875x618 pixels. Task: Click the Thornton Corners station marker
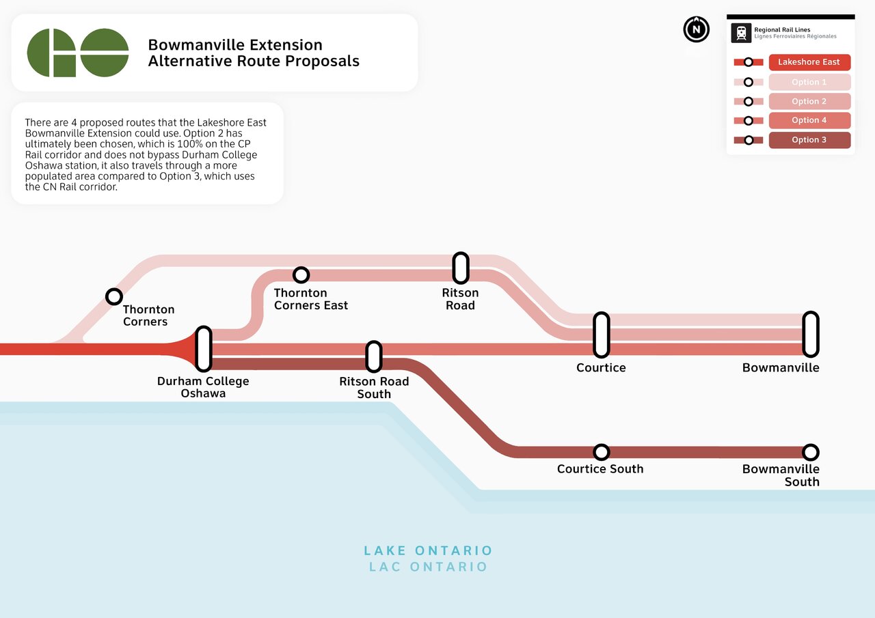click(x=114, y=296)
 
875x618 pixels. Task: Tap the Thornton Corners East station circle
click(x=301, y=275)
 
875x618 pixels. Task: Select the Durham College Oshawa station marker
click(x=204, y=348)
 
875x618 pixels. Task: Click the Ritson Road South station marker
click(x=374, y=356)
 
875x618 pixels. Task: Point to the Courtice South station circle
click(x=602, y=452)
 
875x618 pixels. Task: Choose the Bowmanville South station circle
click(x=811, y=452)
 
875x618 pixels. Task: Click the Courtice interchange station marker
click(x=602, y=335)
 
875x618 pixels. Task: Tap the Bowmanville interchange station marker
click(x=811, y=335)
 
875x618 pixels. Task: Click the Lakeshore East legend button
click(x=809, y=62)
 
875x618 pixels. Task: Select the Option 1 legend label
click(x=809, y=82)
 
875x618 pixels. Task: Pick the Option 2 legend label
click(x=809, y=101)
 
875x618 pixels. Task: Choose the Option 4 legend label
click(x=809, y=120)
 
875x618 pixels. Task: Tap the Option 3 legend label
click(x=809, y=140)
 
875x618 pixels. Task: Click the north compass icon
click(x=696, y=29)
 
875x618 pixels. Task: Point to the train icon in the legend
click(x=741, y=33)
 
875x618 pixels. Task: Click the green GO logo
click(x=78, y=53)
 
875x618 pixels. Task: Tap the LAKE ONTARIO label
click(x=428, y=550)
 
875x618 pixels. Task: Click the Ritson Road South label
click(x=374, y=387)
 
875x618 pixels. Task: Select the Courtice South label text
click(x=600, y=468)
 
